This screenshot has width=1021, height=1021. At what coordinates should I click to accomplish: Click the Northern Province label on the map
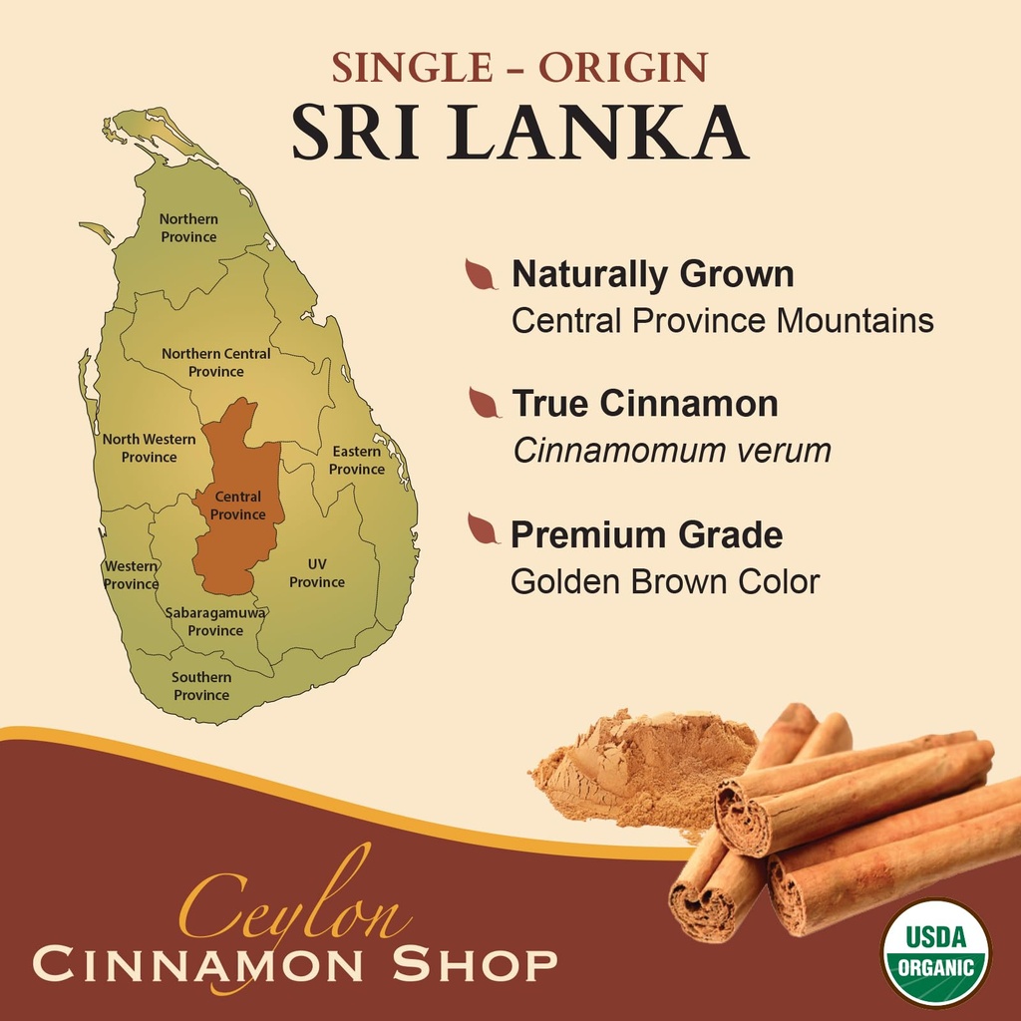[x=188, y=227]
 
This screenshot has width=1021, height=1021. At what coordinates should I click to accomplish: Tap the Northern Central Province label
[x=215, y=362]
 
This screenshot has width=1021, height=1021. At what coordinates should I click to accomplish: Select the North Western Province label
[x=149, y=448]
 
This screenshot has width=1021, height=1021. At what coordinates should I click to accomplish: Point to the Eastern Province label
[x=357, y=460]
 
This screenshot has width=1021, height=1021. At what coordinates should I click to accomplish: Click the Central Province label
[x=238, y=506]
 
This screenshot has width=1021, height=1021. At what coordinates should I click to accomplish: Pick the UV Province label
[x=317, y=573]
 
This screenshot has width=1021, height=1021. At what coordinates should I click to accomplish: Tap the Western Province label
[x=131, y=575]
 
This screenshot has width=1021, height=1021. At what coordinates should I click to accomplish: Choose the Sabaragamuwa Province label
[x=215, y=621]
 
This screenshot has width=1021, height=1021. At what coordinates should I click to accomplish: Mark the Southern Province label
[x=201, y=686]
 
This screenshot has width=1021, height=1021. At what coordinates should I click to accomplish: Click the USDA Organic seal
[x=935, y=952]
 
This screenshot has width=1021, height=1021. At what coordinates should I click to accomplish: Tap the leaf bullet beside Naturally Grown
[x=481, y=274]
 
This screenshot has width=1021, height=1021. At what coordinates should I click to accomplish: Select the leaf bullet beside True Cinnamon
[x=484, y=403]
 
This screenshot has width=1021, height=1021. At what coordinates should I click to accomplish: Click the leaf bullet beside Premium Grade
[x=483, y=529]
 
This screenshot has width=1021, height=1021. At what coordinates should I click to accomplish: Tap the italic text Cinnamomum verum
[x=671, y=451]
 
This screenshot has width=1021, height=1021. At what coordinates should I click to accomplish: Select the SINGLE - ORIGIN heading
[x=518, y=67]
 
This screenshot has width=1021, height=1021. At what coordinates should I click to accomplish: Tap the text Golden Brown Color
[x=664, y=581]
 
